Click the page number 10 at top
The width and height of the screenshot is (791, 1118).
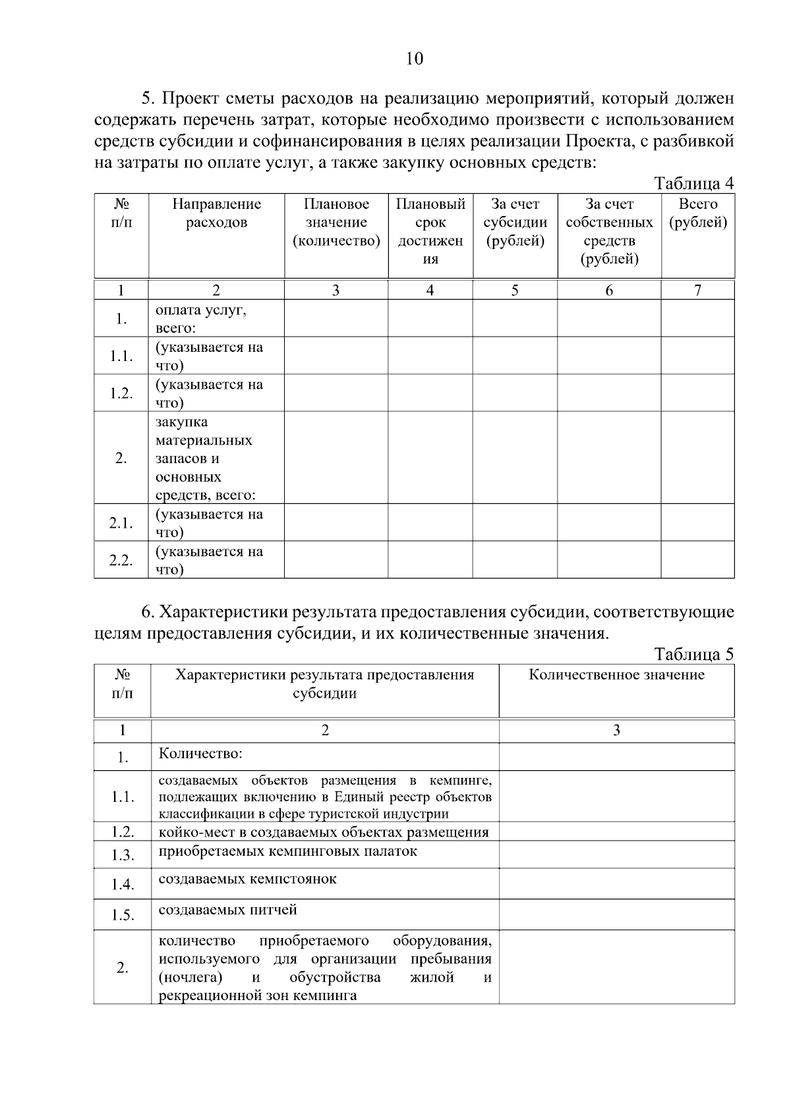[415, 59]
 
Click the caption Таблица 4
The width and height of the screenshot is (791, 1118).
[693, 183]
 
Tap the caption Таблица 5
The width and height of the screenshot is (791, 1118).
[693, 654]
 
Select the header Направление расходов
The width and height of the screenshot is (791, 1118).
[216, 213]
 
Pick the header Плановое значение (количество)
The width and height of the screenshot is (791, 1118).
[336, 223]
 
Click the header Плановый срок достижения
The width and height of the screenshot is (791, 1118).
[430, 231]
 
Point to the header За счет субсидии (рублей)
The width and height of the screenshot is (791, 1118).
[515, 223]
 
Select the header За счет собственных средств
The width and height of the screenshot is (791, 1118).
[609, 231]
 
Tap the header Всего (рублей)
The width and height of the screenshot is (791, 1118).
[698, 213]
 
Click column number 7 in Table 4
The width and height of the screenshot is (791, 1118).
[697, 290]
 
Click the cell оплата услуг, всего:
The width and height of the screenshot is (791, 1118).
[200, 318]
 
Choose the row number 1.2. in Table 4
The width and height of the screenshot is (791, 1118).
[121, 393]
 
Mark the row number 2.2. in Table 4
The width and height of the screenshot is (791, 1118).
[121, 560]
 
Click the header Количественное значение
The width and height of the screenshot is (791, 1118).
[616, 675]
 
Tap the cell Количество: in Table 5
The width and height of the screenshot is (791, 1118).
[200, 753]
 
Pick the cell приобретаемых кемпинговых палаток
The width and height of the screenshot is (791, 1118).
[287, 851]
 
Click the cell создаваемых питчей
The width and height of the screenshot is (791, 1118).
[227, 910]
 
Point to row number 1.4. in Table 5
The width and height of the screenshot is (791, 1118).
[123, 884]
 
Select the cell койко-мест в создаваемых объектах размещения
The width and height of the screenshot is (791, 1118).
[324, 831]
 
